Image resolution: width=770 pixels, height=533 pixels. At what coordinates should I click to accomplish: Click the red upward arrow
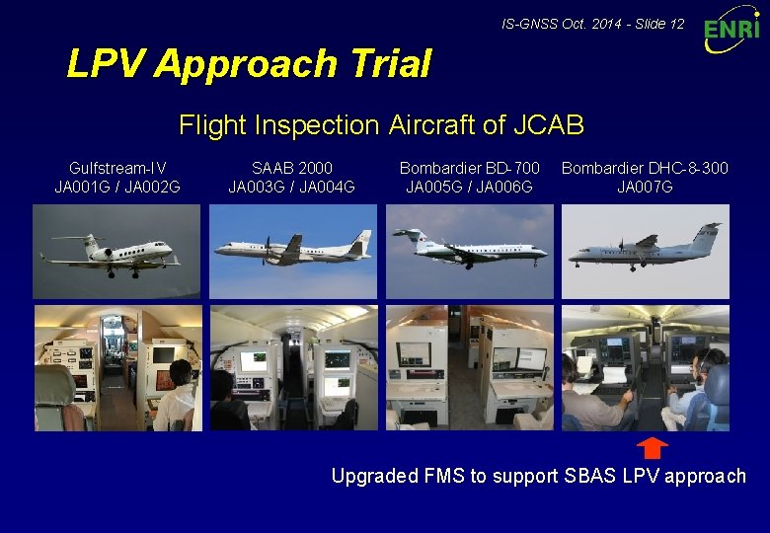(652, 448)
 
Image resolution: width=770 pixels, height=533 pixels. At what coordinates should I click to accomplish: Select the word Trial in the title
(388, 64)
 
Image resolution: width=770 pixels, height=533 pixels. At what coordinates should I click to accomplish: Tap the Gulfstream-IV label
(117, 169)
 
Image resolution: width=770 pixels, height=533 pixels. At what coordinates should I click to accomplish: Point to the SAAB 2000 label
(292, 169)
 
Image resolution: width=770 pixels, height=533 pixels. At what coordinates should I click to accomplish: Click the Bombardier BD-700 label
(469, 169)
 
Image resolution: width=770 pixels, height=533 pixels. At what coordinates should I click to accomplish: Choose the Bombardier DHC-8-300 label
(645, 169)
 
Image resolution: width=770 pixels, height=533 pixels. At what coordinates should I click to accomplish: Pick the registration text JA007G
(645, 187)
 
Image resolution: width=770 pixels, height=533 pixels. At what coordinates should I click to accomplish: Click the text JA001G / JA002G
(117, 187)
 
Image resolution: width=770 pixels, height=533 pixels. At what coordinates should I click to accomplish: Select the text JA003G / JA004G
(292, 187)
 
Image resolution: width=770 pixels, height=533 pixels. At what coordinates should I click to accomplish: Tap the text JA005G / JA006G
(469, 187)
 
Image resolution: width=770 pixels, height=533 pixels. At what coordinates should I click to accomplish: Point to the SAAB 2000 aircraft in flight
(292, 248)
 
